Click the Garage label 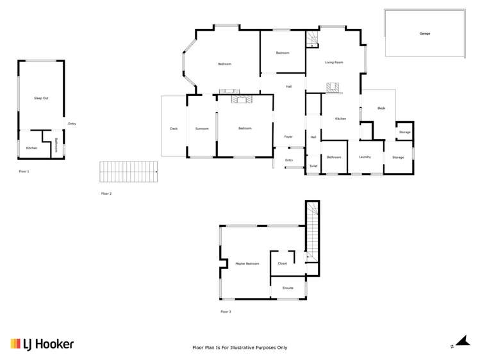point(425,33)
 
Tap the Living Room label point(334,62)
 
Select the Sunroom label point(202,129)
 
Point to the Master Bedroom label point(247,263)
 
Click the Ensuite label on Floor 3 point(288,288)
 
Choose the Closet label point(282,263)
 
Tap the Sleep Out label point(41,98)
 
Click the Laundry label point(365,157)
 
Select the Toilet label point(313,166)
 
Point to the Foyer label point(288,137)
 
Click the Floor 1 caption point(24,172)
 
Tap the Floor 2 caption point(106,193)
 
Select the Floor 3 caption point(226,311)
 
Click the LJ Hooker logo point(42,344)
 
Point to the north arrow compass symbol point(460,343)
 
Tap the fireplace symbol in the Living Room point(332,87)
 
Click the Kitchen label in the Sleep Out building point(31,148)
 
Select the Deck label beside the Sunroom point(174,129)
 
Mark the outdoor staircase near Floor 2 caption point(128,172)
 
